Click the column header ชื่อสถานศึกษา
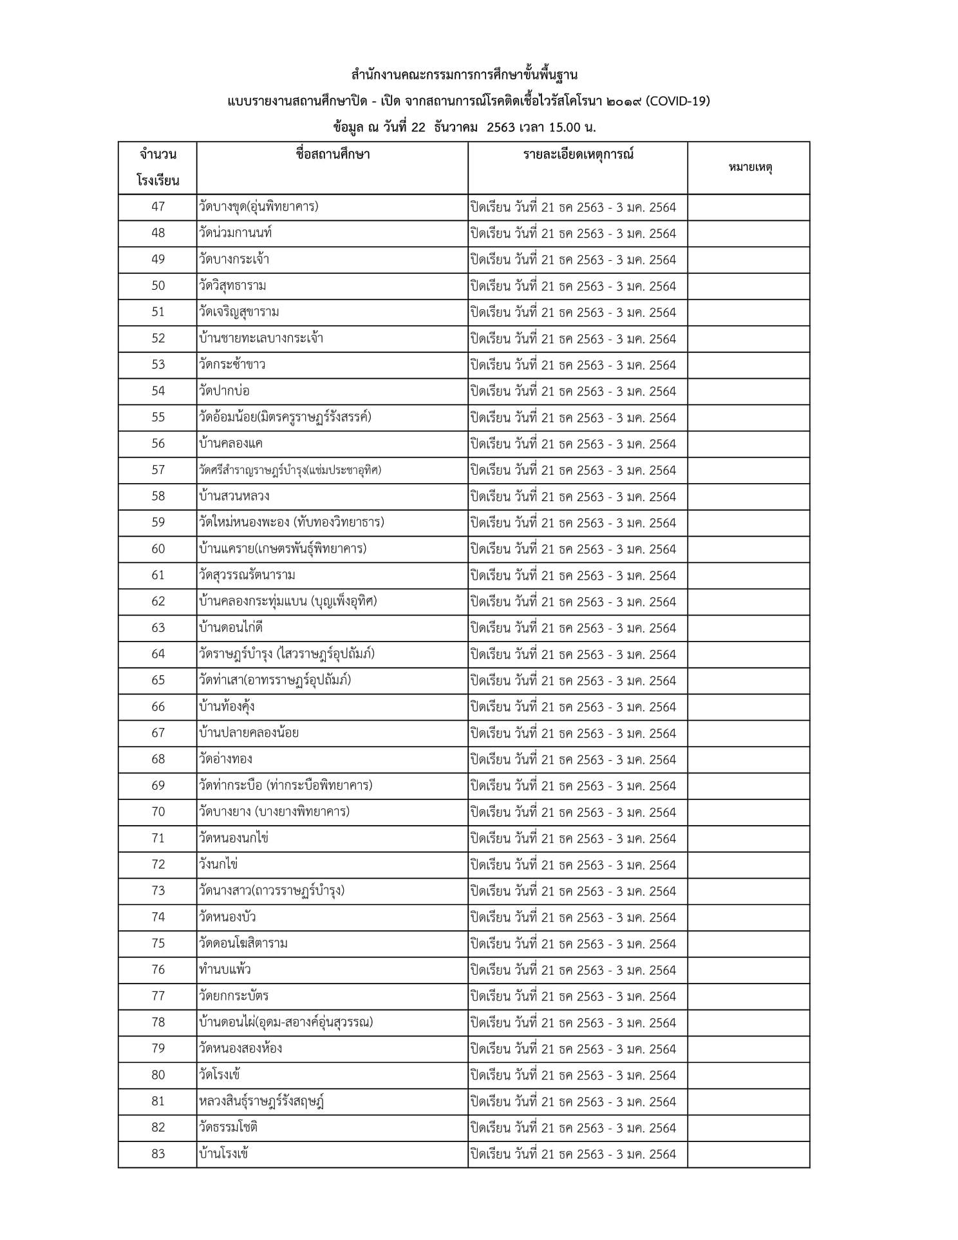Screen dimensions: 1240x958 coord(332,155)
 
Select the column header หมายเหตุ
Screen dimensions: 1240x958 coord(750,167)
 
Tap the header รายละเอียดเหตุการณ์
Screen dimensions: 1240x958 coord(578,155)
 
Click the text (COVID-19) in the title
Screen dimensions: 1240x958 coord(678,101)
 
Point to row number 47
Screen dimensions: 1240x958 coord(158,207)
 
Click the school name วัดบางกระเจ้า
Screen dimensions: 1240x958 coord(234,260)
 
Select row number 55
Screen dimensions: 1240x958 coord(158,417)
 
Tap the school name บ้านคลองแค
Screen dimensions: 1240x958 coord(231,444)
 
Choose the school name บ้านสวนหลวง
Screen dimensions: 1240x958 coord(234,496)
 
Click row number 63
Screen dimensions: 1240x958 coord(158,627)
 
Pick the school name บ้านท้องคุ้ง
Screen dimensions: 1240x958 coord(227,707)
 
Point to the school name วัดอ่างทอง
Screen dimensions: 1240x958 coord(226,759)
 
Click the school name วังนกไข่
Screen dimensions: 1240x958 coord(219,864)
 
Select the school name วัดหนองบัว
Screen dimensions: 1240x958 coord(228,917)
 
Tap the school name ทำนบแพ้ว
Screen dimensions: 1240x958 coord(225,969)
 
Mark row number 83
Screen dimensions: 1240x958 coord(158,1154)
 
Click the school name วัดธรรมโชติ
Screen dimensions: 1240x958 coord(229,1127)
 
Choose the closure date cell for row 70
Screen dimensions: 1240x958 coord(573,812)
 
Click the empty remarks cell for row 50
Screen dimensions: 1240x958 coord(748,286)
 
